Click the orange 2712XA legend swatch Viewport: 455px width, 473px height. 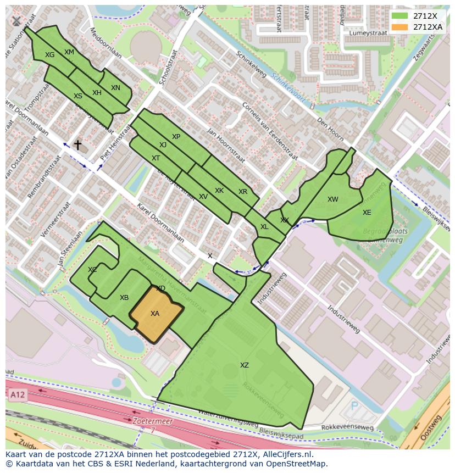401,27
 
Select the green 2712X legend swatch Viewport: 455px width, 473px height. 401,16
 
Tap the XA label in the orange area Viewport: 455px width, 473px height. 155,314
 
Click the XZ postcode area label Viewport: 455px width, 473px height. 244,365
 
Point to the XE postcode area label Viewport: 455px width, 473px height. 367,213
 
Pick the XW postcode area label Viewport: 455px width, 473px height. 332,199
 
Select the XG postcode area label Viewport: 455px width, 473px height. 50,55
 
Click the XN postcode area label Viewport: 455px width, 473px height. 115,88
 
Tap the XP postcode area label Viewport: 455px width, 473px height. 176,137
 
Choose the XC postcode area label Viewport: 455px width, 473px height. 92,270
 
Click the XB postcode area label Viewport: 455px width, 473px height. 124,298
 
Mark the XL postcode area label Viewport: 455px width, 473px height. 264,227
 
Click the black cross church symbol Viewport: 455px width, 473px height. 78,145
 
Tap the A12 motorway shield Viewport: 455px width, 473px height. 17,394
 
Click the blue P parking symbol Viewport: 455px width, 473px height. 354,407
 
